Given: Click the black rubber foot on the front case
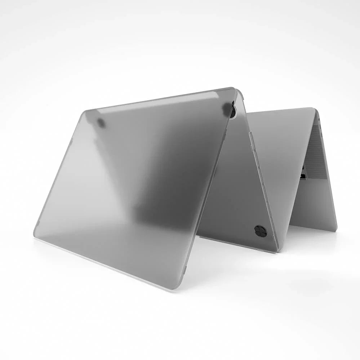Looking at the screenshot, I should pos(260,231).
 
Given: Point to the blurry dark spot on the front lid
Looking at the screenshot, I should pos(101,123).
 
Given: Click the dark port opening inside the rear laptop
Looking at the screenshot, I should pos(303,176).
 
